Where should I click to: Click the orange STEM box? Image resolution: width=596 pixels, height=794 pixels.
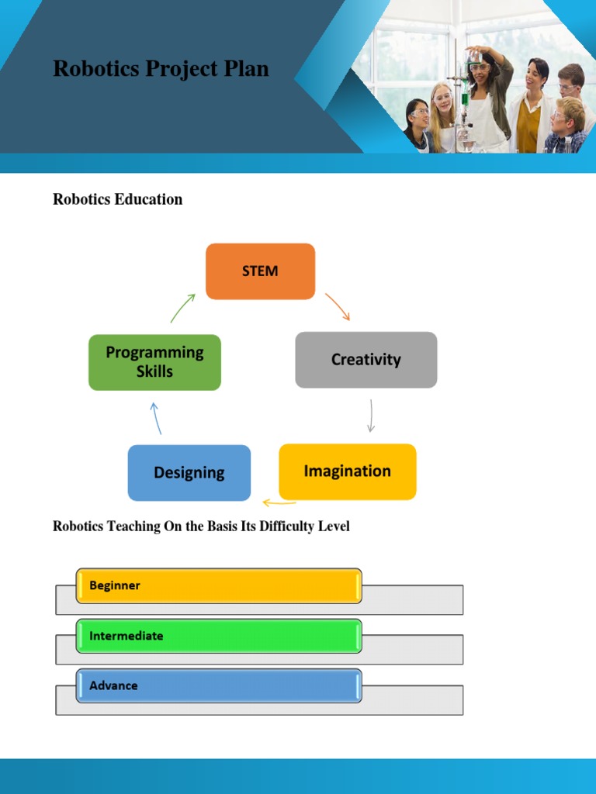pos(260,271)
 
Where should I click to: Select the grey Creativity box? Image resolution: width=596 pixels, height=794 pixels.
pos(366,360)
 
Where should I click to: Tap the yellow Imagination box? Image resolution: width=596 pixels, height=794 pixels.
pos(347,471)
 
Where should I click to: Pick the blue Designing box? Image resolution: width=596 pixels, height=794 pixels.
pos(189,473)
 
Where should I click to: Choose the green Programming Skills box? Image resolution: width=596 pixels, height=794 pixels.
pos(154,362)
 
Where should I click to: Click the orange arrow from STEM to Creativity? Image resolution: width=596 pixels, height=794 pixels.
pos(338,306)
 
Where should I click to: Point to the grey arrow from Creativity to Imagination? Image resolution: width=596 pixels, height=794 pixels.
pos(371,416)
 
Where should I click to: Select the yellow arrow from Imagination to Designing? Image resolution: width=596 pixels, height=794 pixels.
pos(279,502)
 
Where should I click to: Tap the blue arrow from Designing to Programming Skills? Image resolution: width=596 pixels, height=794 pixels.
pos(157,418)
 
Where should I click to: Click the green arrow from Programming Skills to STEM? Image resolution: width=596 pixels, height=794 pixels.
pos(182,308)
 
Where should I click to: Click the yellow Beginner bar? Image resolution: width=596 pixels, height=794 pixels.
pos(218,585)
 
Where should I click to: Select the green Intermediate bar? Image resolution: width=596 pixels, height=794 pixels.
pos(218,636)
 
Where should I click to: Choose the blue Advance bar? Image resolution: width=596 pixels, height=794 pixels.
pos(218,686)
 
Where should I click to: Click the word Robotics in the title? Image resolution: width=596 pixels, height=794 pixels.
pos(86,69)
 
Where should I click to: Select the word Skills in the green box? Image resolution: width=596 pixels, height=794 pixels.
pos(154,372)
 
